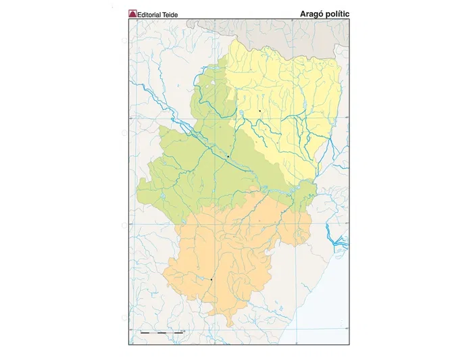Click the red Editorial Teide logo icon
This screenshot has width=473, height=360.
click(x=132, y=14)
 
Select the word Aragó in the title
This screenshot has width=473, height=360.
click(x=313, y=13)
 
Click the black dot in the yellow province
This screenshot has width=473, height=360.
click(x=259, y=110)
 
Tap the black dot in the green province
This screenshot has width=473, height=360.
click(x=228, y=157)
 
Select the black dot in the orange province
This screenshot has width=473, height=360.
click(x=211, y=279)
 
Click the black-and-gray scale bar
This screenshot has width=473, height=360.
click(x=161, y=332)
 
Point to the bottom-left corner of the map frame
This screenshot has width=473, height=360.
click(x=129, y=344)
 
